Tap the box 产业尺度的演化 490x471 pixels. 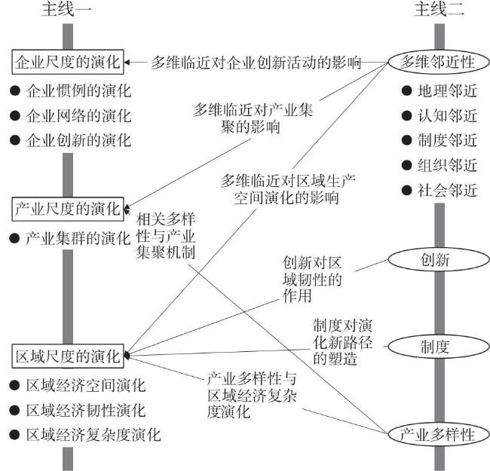click(68, 207)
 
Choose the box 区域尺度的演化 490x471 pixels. click(68, 353)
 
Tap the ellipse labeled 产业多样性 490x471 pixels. click(437, 435)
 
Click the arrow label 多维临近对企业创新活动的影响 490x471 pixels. click(256, 62)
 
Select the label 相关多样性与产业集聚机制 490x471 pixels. click(167, 235)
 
